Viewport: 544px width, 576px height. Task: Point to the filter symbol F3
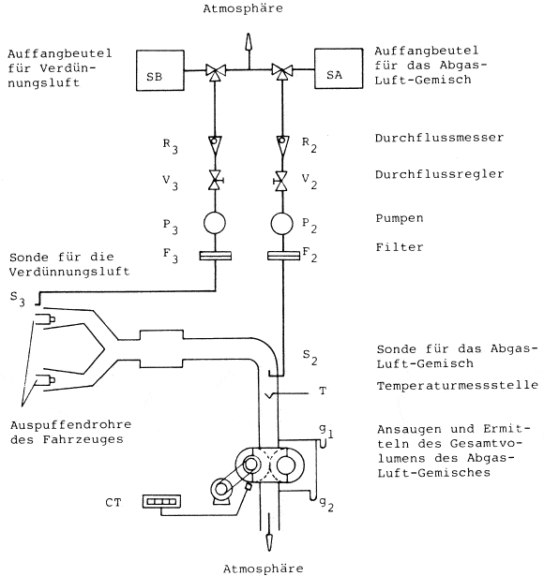[215, 256]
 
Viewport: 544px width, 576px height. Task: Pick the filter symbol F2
[283, 256]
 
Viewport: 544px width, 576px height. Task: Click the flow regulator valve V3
[216, 181]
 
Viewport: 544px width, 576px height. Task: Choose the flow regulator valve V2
[281, 181]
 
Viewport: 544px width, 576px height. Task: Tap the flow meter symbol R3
[215, 145]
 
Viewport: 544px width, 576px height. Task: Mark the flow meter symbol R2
[282, 145]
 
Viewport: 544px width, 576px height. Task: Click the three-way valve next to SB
[216, 71]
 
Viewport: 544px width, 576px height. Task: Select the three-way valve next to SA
[282, 71]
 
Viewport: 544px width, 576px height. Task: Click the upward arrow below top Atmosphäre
[249, 51]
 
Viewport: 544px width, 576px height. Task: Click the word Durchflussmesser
[439, 138]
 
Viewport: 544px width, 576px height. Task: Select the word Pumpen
[400, 218]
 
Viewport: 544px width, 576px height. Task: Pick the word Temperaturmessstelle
[457, 385]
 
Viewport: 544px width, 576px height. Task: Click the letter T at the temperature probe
[323, 391]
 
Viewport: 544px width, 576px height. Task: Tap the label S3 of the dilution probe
[17, 298]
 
